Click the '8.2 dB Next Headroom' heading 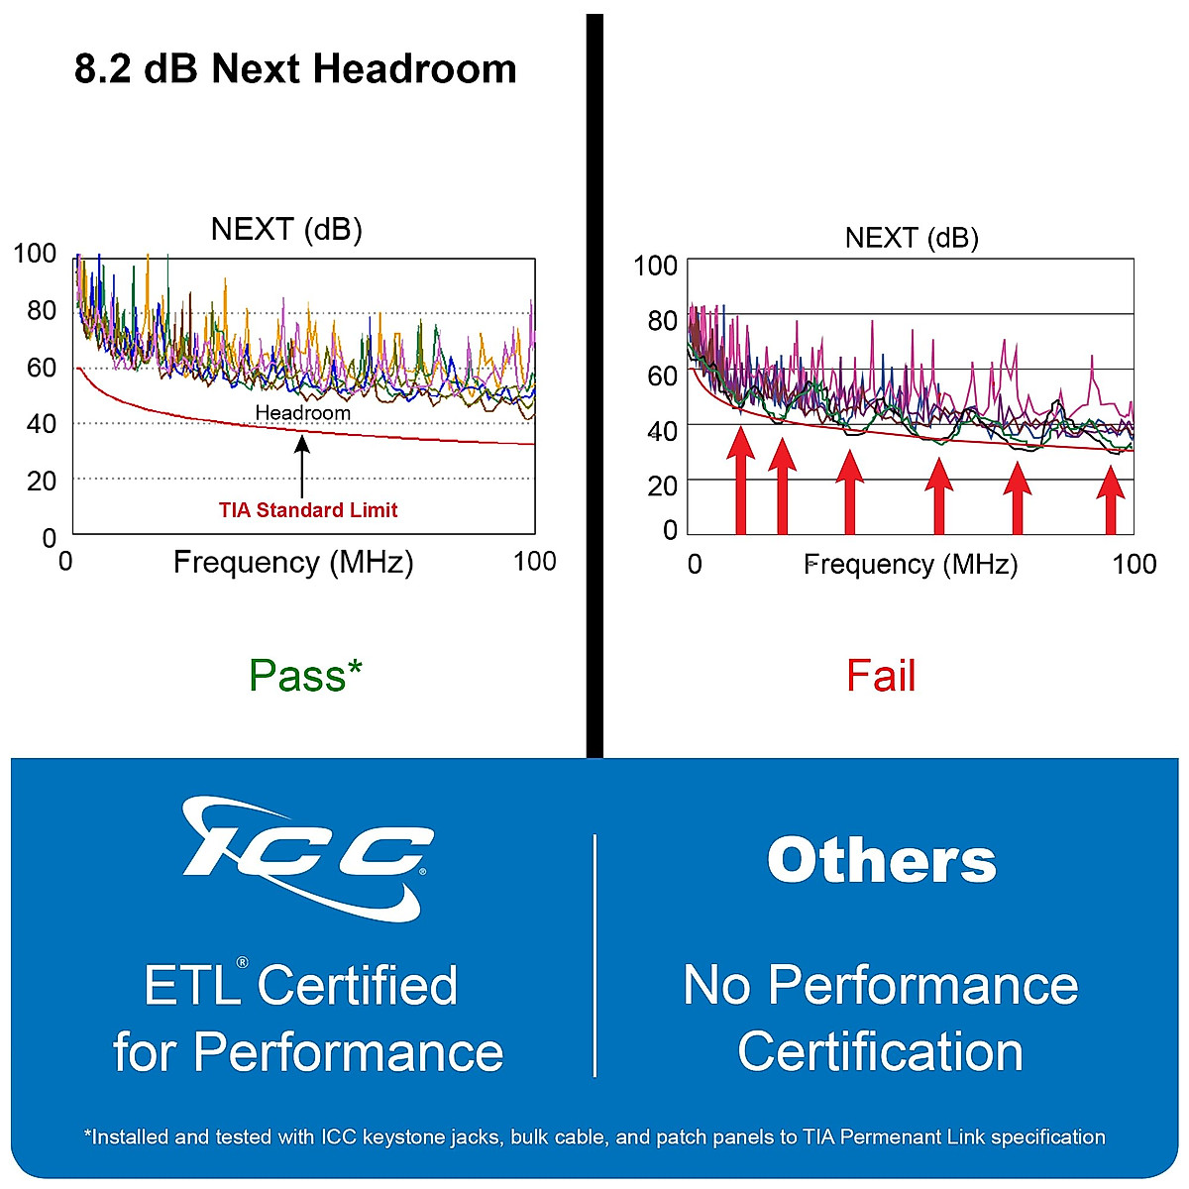coord(295,69)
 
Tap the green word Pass coord(296,676)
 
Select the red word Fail coord(881,677)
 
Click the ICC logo coord(308,858)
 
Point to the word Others coord(881,860)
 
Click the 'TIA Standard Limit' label coord(308,510)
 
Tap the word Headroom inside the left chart coord(302,412)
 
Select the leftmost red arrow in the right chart coord(740,481)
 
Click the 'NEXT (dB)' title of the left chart coord(286,230)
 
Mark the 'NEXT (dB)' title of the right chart coord(912,238)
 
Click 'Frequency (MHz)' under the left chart coord(293,563)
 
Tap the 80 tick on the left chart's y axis coord(42,310)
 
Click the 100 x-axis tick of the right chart coord(1134,564)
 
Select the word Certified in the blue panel coord(358,985)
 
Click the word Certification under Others coord(880,1051)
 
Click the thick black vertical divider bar coord(594,386)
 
